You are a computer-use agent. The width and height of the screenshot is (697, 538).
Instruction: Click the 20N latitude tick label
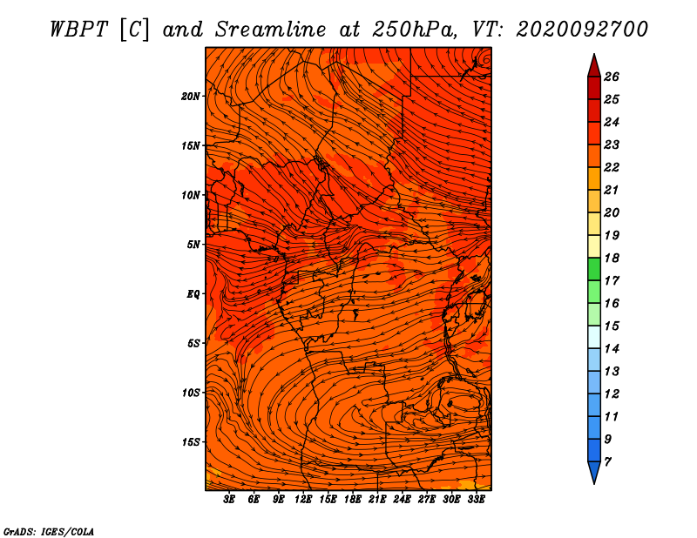click(191, 97)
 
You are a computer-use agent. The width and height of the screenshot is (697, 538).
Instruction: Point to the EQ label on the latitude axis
click(193, 294)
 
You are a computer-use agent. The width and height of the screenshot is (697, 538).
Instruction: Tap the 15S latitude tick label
click(191, 442)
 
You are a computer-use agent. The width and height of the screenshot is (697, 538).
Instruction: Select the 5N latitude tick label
click(193, 245)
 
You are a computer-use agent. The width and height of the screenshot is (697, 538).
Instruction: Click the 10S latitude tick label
click(191, 393)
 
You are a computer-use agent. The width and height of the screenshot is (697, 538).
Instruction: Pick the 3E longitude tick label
click(229, 500)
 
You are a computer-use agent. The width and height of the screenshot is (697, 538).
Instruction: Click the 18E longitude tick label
click(353, 500)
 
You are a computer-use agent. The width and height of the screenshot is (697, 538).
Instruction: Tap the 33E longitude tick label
click(476, 500)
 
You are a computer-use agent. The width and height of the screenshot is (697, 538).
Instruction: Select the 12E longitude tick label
click(303, 500)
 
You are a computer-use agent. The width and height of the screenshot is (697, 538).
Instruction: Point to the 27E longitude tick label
click(427, 500)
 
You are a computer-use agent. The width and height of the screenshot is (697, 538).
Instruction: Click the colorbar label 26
click(612, 77)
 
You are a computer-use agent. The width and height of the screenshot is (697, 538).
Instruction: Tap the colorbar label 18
click(612, 258)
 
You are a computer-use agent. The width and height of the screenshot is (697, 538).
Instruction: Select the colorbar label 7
click(607, 462)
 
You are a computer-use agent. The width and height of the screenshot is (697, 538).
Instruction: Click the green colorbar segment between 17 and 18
click(594, 269)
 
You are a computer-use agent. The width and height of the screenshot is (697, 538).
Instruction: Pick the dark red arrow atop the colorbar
click(594, 66)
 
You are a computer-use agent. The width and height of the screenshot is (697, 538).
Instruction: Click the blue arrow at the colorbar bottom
click(594, 472)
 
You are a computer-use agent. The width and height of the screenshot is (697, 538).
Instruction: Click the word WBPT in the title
click(78, 30)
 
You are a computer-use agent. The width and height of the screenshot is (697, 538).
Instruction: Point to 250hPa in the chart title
click(413, 30)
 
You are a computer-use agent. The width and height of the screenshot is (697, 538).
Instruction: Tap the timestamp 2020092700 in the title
click(582, 30)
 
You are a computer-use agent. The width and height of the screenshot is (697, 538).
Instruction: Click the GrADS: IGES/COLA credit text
click(49, 532)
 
